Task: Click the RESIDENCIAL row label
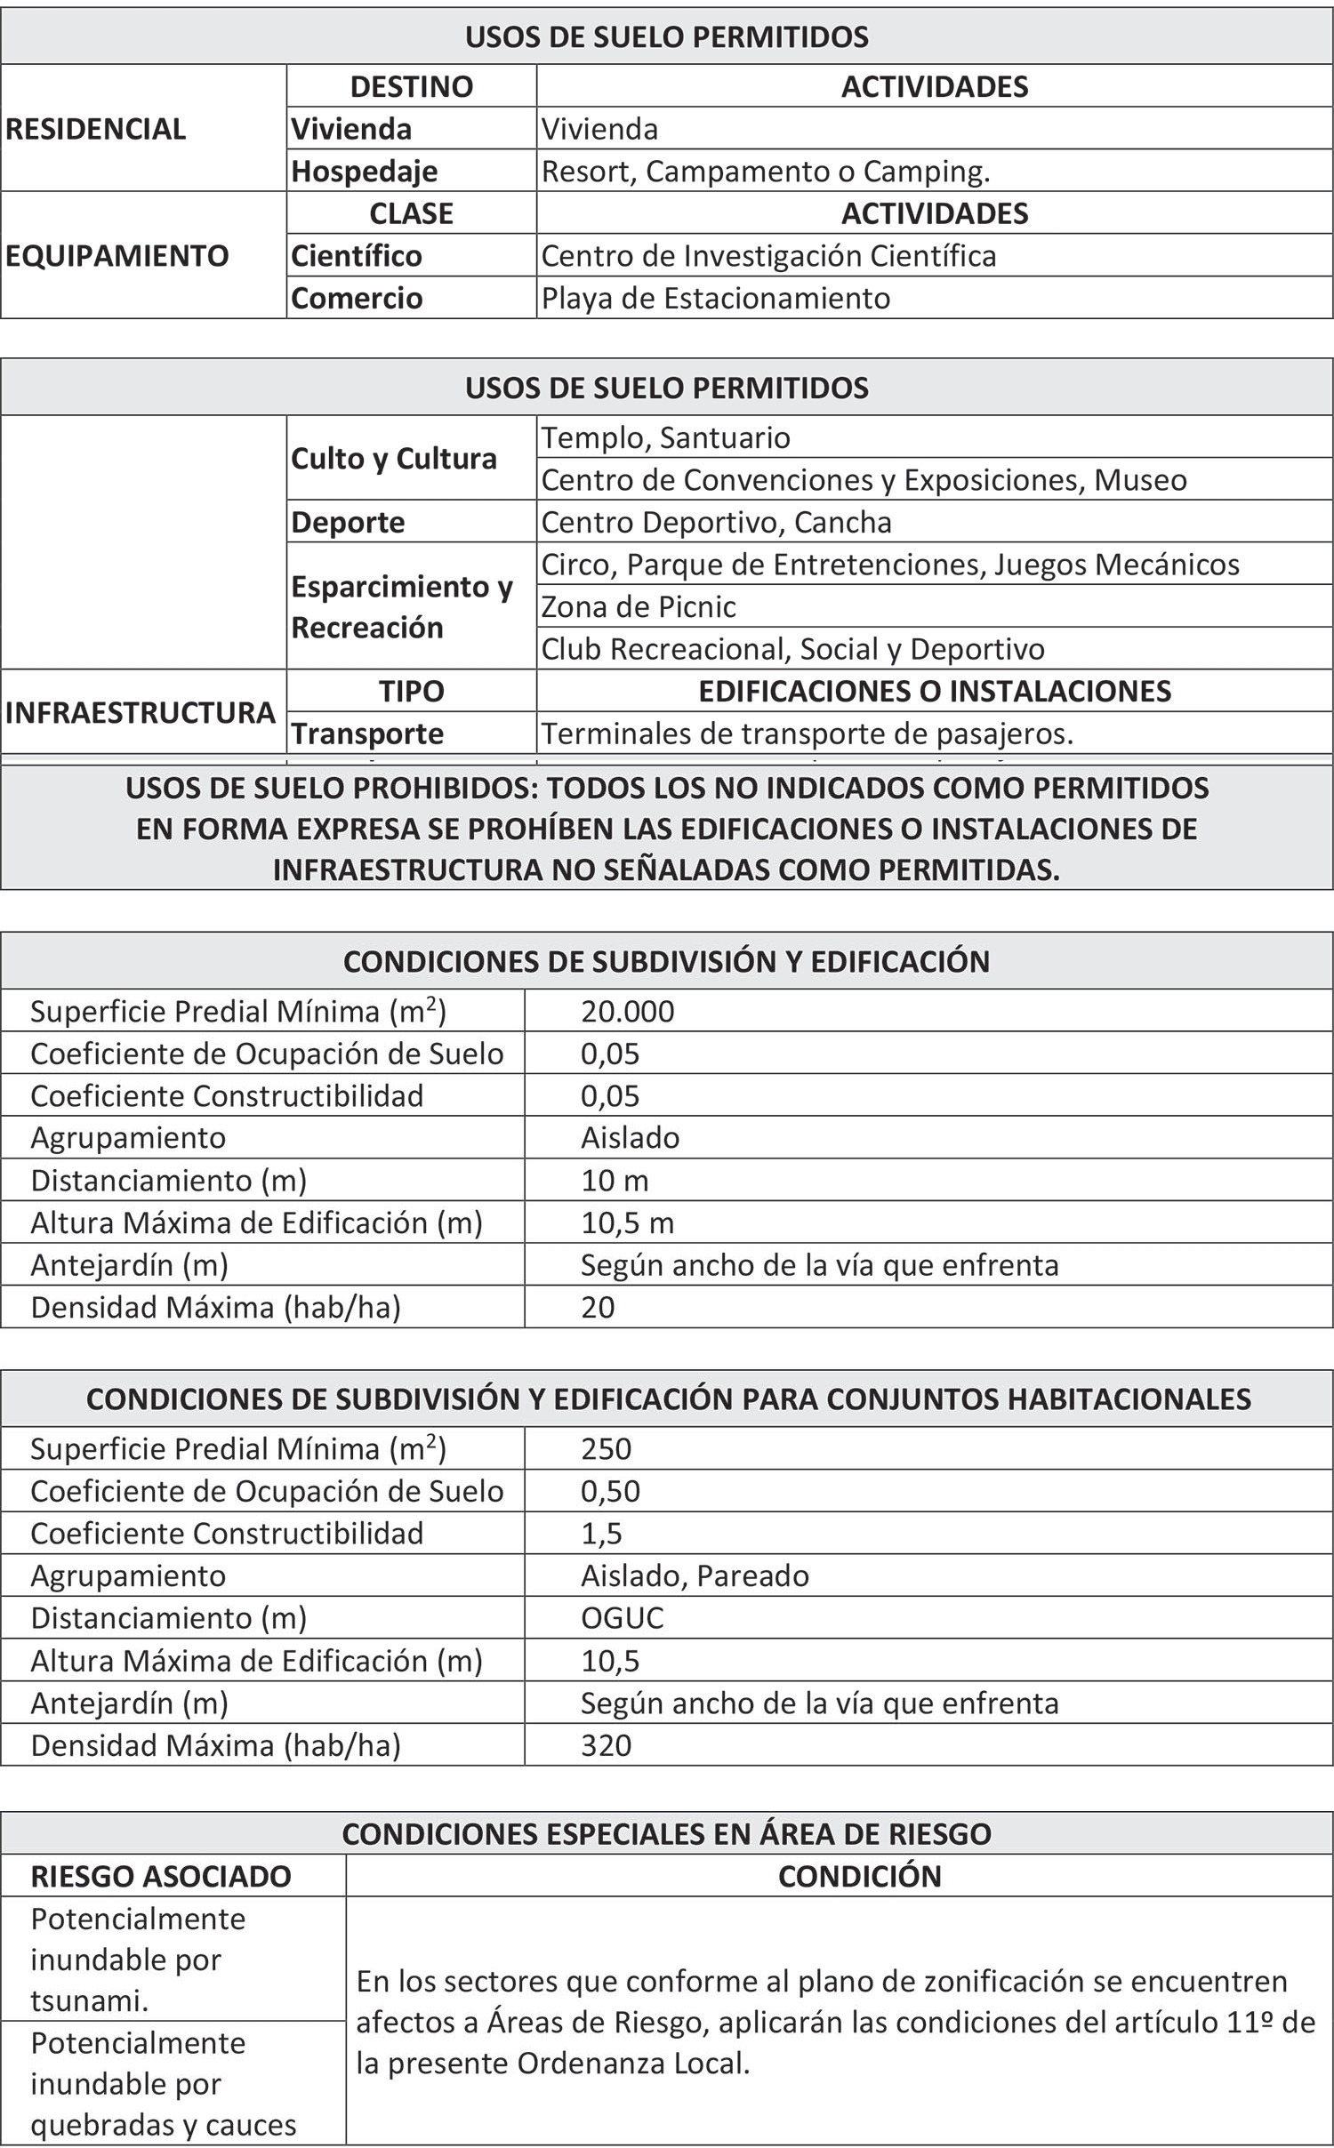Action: [x=96, y=129]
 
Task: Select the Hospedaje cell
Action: [x=365, y=171]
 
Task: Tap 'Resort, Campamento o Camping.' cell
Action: [x=766, y=171]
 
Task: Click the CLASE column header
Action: [x=411, y=213]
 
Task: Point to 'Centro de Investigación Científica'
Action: [x=768, y=256]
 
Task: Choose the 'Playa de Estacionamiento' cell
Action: [x=715, y=298]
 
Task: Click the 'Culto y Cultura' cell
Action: [x=394, y=459]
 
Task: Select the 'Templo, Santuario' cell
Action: [x=665, y=437]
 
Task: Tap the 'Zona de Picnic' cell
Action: [x=639, y=606]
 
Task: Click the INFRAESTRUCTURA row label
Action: [x=141, y=712]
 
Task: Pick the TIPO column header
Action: [x=411, y=691]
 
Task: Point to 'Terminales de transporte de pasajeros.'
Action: [x=808, y=733]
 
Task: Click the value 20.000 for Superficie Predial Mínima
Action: [x=628, y=1011]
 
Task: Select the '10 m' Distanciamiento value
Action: [x=615, y=1180]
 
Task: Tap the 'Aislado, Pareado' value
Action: [x=695, y=1575]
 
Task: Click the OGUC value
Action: [x=622, y=1617]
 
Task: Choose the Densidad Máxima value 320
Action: [x=606, y=1744]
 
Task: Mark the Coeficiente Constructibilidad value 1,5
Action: [x=601, y=1533]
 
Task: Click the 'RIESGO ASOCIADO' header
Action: [x=161, y=1876]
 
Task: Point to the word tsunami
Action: [x=90, y=2000]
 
